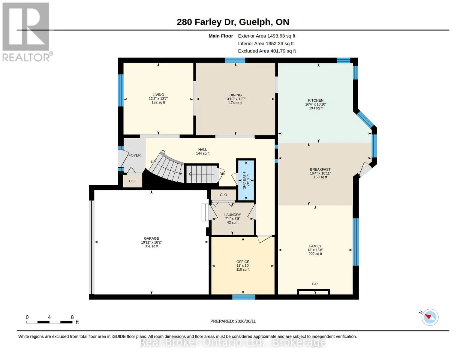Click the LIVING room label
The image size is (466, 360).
[158, 94]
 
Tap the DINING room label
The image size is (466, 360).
[235, 95]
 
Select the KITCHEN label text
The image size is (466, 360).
[315, 100]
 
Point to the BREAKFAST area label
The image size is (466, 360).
[320, 169]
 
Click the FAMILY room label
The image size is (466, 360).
[315, 246]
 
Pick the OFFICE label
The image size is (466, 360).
[243, 262]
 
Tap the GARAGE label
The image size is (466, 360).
[152, 238]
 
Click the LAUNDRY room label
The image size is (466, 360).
[233, 214]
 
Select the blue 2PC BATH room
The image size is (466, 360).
[246, 180]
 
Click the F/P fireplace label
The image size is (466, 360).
[314, 284]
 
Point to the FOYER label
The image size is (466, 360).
[134, 155]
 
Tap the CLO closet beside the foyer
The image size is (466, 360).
[133, 181]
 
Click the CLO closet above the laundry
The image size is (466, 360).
[223, 195]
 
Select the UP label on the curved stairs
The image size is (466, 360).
[153, 162]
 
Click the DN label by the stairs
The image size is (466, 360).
[222, 174]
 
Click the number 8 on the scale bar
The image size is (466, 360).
[72, 317]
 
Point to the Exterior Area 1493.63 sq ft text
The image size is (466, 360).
[266, 36]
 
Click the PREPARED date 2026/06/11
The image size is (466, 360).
[245, 321]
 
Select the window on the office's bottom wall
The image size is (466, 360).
[244, 297]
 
